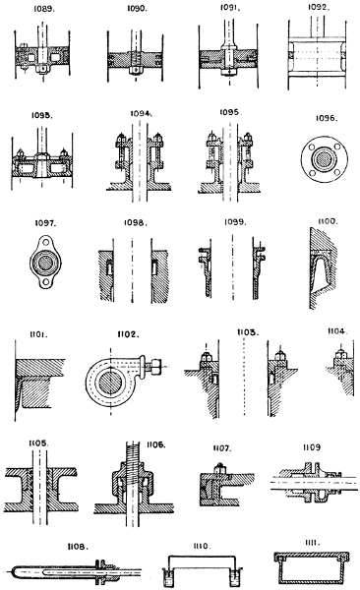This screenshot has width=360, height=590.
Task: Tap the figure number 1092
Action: tap(314, 8)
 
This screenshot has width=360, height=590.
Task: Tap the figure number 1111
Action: tap(314, 541)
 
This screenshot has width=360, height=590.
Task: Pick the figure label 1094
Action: tap(141, 113)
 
